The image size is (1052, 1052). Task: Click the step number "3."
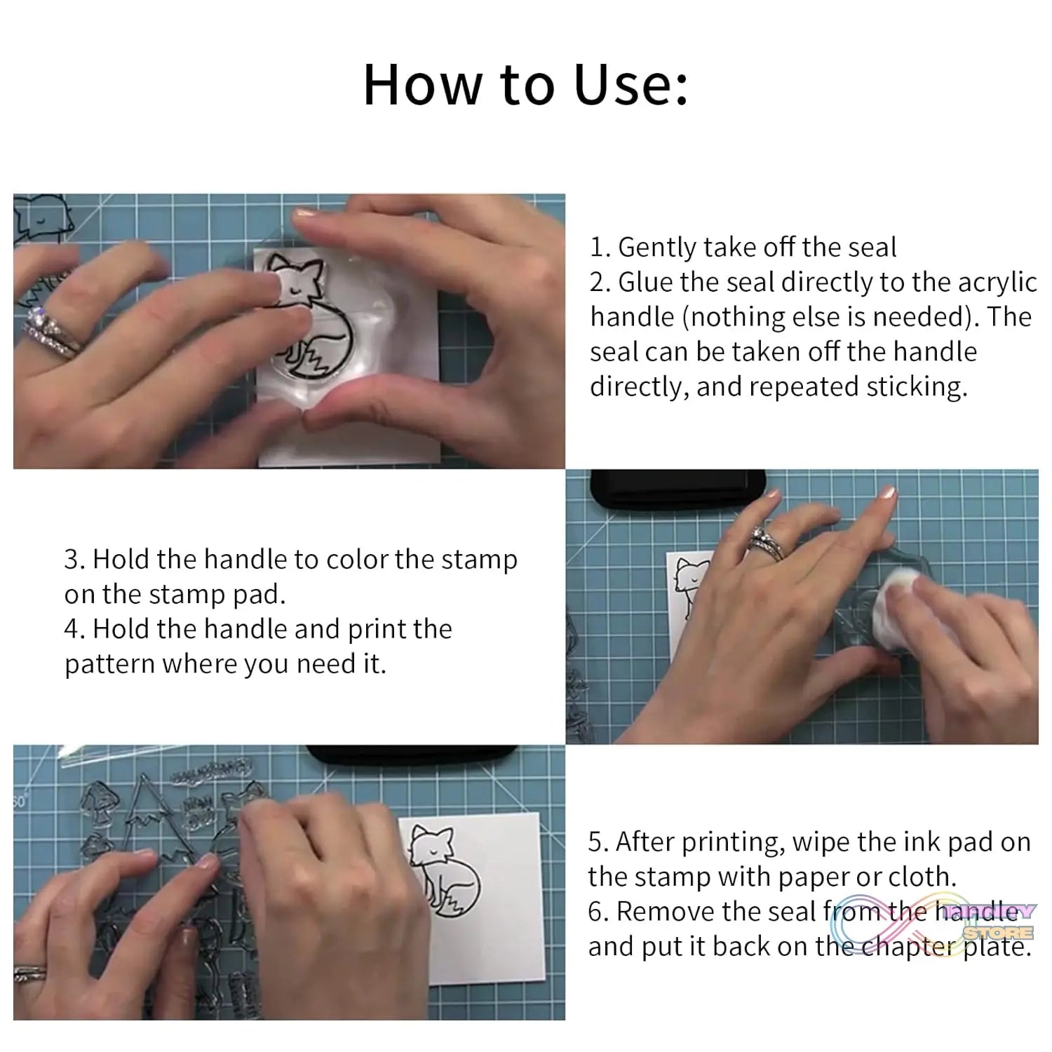tap(75, 560)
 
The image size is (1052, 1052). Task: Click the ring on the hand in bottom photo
tap(29, 973)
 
